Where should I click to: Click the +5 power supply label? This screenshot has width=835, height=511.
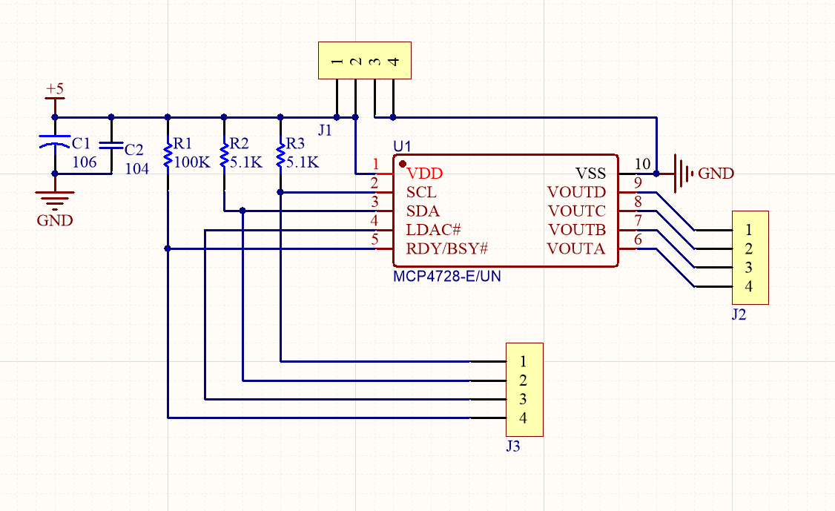[x=55, y=89]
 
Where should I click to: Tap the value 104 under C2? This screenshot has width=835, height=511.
[x=136, y=169]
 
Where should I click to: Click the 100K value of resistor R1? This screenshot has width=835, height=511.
[x=192, y=162]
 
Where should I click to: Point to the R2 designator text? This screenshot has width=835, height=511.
[x=240, y=143]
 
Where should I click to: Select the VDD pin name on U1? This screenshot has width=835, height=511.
[x=424, y=174]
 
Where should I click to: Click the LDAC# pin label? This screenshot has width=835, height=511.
[x=434, y=229]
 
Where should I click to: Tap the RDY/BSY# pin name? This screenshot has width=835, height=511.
[x=446, y=248]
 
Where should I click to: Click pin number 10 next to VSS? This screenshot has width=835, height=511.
[x=643, y=164]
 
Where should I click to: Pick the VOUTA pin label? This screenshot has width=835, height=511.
[x=576, y=248]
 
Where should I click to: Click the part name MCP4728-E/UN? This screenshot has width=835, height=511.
[x=442, y=276]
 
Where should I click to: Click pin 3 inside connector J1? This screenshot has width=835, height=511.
[x=375, y=62]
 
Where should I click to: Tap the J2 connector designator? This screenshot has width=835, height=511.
[x=739, y=314]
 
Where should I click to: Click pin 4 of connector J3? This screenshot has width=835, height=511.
[x=524, y=418]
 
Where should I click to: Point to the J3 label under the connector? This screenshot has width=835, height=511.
[x=512, y=446]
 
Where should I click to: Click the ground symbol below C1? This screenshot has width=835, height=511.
[x=54, y=198]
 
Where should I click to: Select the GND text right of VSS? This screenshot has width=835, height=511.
[x=716, y=174]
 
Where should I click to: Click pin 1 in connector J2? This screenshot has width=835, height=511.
[x=750, y=230]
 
